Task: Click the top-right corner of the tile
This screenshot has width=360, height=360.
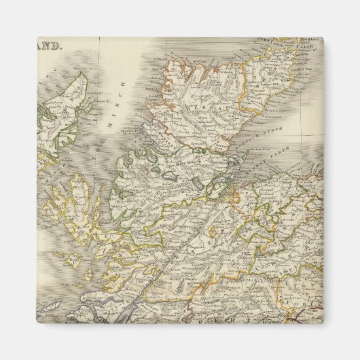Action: tap(323, 38)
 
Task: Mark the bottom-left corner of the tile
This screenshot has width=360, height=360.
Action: tap(38, 323)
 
